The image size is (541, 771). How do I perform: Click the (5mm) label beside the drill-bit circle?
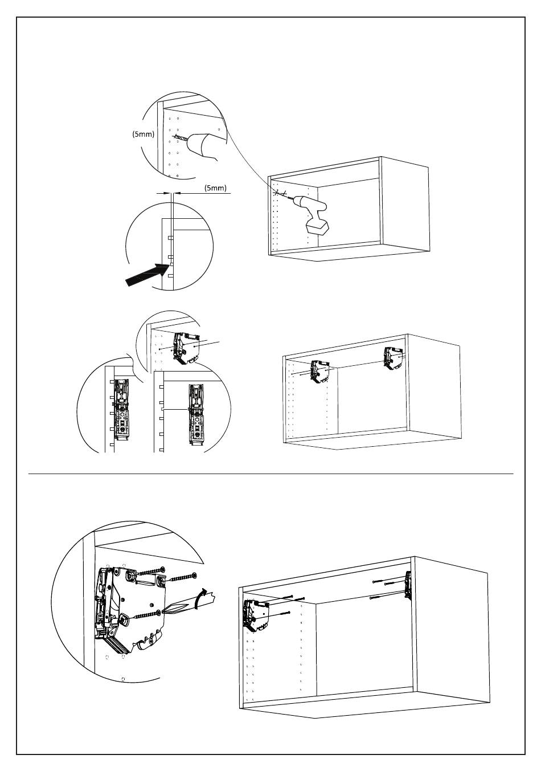[144, 134]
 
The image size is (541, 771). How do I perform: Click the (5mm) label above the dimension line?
[215, 187]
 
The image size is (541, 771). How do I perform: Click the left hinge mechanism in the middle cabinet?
[318, 372]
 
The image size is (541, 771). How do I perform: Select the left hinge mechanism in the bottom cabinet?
[254, 615]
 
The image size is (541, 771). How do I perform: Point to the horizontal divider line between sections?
[270, 474]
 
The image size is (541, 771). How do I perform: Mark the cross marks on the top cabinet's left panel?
[279, 193]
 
